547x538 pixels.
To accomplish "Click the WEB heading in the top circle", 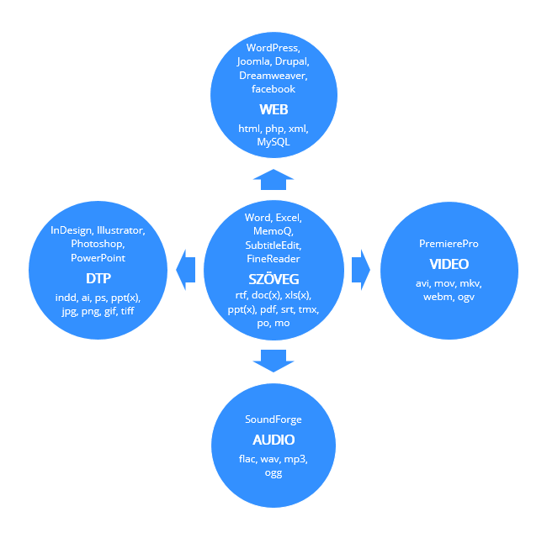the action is [x=273, y=109].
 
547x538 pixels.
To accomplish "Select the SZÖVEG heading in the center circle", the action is [x=273, y=279].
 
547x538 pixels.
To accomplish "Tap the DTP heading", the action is [x=98, y=278].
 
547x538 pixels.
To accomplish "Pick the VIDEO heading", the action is [x=449, y=264].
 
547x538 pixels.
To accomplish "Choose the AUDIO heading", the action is [x=273, y=440].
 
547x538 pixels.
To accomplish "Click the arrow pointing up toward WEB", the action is [x=273, y=179].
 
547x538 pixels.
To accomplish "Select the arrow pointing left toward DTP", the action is [x=186, y=270].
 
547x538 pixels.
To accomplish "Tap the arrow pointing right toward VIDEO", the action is [x=361, y=270].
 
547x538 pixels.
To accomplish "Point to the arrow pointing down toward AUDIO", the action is [x=273, y=361].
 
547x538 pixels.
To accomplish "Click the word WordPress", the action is [x=272, y=47].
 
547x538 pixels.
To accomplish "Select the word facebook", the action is [x=273, y=89].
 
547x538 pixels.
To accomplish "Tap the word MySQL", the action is [x=273, y=142].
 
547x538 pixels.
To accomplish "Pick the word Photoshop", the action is [x=97, y=244].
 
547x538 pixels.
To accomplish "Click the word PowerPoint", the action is [x=98, y=258].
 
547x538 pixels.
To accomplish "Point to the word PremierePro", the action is [x=449, y=244].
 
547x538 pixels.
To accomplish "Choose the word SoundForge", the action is [x=273, y=419].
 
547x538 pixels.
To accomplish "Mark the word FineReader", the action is [x=273, y=259].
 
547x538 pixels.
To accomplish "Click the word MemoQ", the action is [x=273, y=231].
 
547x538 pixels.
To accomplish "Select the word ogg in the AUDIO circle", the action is [x=273, y=473].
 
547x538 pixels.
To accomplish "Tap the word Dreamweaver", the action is [x=273, y=76].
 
